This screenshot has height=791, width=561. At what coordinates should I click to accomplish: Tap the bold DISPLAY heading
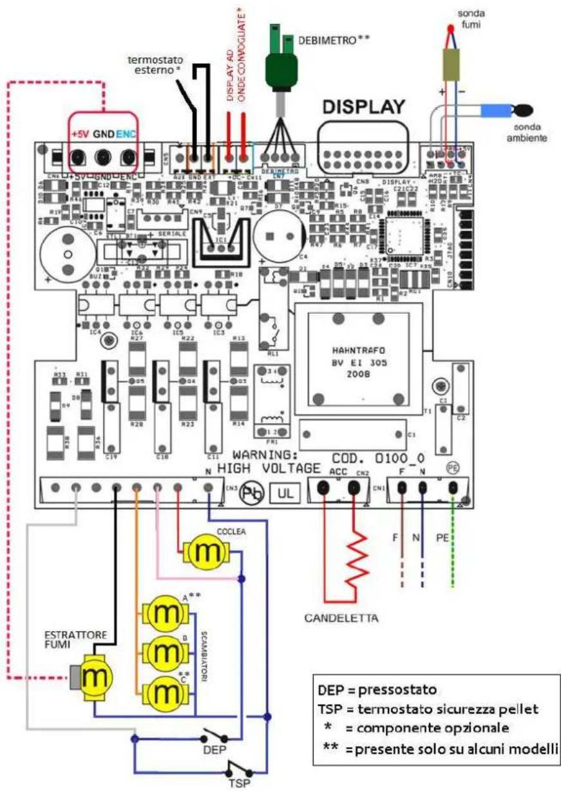click(x=363, y=107)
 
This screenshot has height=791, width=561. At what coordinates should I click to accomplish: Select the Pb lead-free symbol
click(x=252, y=494)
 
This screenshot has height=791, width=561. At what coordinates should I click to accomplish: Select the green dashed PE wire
click(x=453, y=547)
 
